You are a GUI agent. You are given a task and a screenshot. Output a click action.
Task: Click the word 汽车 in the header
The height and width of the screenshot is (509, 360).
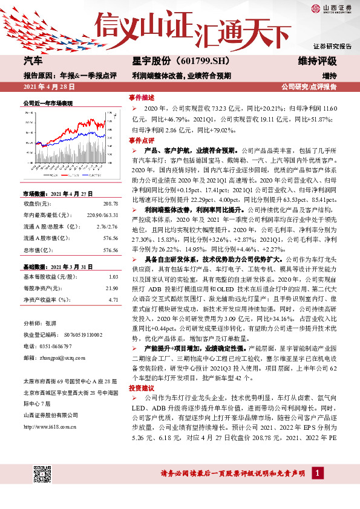(33, 62)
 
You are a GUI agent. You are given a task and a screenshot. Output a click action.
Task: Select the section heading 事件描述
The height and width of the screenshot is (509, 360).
(142, 97)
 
